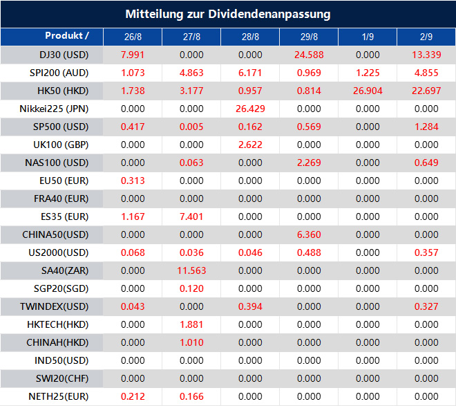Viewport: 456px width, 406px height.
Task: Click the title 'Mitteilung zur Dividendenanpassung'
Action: (x=228, y=14)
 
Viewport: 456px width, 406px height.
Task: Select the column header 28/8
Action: (x=249, y=37)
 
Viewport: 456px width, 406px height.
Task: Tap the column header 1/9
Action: (x=368, y=37)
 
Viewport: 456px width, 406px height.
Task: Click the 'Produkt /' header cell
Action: (x=66, y=35)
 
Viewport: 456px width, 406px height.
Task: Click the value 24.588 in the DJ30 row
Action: (x=309, y=55)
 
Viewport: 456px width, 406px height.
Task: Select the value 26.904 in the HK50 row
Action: (x=368, y=91)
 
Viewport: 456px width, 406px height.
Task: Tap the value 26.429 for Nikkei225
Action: (x=249, y=109)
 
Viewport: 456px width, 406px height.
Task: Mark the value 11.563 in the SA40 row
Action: (x=191, y=270)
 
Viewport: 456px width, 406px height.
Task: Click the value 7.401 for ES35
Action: (x=191, y=216)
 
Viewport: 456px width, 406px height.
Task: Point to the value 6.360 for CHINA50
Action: (x=309, y=234)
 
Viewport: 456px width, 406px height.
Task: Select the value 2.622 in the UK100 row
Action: (x=249, y=145)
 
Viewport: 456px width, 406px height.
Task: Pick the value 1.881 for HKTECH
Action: (x=191, y=324)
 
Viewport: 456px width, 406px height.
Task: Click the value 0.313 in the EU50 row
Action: (x=132, y=181)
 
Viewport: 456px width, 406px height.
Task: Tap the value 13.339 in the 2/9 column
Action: (x=426, y=55)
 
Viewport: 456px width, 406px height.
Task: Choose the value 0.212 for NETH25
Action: (x=132, y=396)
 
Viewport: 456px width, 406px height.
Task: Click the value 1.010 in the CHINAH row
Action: (x=191, y=342)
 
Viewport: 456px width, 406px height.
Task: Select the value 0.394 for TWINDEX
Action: (x=249, y=306)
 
